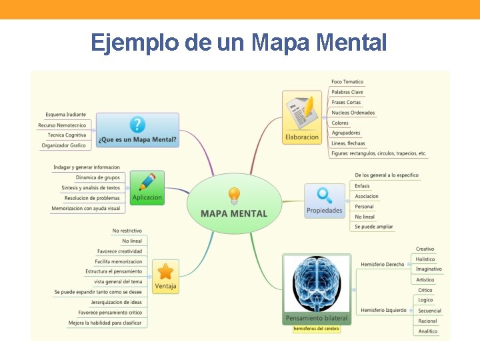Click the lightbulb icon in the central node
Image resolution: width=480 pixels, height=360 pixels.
[234, 195]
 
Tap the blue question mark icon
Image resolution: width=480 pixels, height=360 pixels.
[137, 125]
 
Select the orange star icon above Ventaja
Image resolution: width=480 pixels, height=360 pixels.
[165, 271]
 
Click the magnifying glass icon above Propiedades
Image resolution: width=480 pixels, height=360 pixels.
[325, 195]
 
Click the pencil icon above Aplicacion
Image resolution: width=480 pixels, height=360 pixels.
[147, 182]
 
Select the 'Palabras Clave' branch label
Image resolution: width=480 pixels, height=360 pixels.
[347, 92]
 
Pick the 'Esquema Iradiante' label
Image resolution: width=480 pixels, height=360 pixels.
[65, 115]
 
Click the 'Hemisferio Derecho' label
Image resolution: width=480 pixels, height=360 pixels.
[383, 264]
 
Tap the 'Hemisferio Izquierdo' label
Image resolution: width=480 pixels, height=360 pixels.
[384, 310]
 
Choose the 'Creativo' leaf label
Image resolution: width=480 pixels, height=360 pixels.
[425, 249]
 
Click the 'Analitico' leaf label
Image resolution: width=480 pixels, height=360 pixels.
[427, 331]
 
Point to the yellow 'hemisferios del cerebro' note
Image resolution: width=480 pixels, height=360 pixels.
[317, 329]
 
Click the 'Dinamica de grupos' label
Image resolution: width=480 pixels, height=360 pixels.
[98, 177]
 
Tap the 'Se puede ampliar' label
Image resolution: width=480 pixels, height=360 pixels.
[373, 227]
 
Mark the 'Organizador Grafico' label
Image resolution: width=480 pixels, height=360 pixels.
[63, 145]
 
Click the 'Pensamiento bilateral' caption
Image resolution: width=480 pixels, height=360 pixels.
[317, 319]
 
